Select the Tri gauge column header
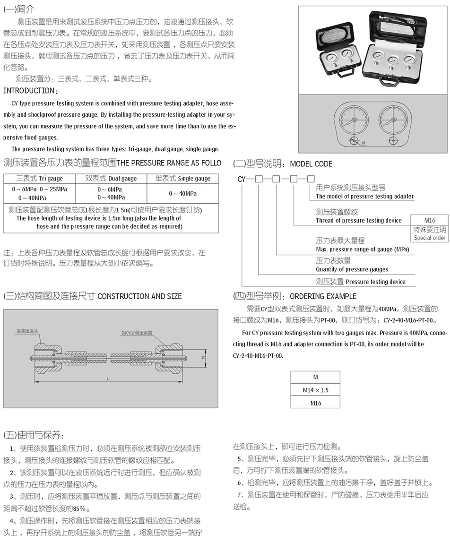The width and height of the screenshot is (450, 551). [x=39, y=179]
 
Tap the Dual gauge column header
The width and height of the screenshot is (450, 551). [x=111, y=179]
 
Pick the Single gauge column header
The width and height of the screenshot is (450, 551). [x=182, y=179]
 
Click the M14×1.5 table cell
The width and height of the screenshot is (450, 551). [x=315, y=390]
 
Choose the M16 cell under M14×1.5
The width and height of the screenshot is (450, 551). [x=315, y=403]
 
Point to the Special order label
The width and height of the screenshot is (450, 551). [x=430, y=238]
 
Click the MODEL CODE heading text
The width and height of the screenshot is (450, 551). [x=311, y=164]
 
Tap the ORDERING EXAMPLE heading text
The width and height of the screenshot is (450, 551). [x=323, y=296]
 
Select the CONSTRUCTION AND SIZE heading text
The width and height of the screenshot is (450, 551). [x=139, y=296]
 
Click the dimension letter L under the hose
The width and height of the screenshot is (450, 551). [x=108, y=379]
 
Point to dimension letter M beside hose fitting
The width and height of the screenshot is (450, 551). [x=203, y=358]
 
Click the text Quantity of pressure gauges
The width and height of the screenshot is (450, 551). [x=352, y=269]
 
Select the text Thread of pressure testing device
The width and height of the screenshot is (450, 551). [x=359, y=221]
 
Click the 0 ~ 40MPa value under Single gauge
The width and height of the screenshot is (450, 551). [x=182, y=194]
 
